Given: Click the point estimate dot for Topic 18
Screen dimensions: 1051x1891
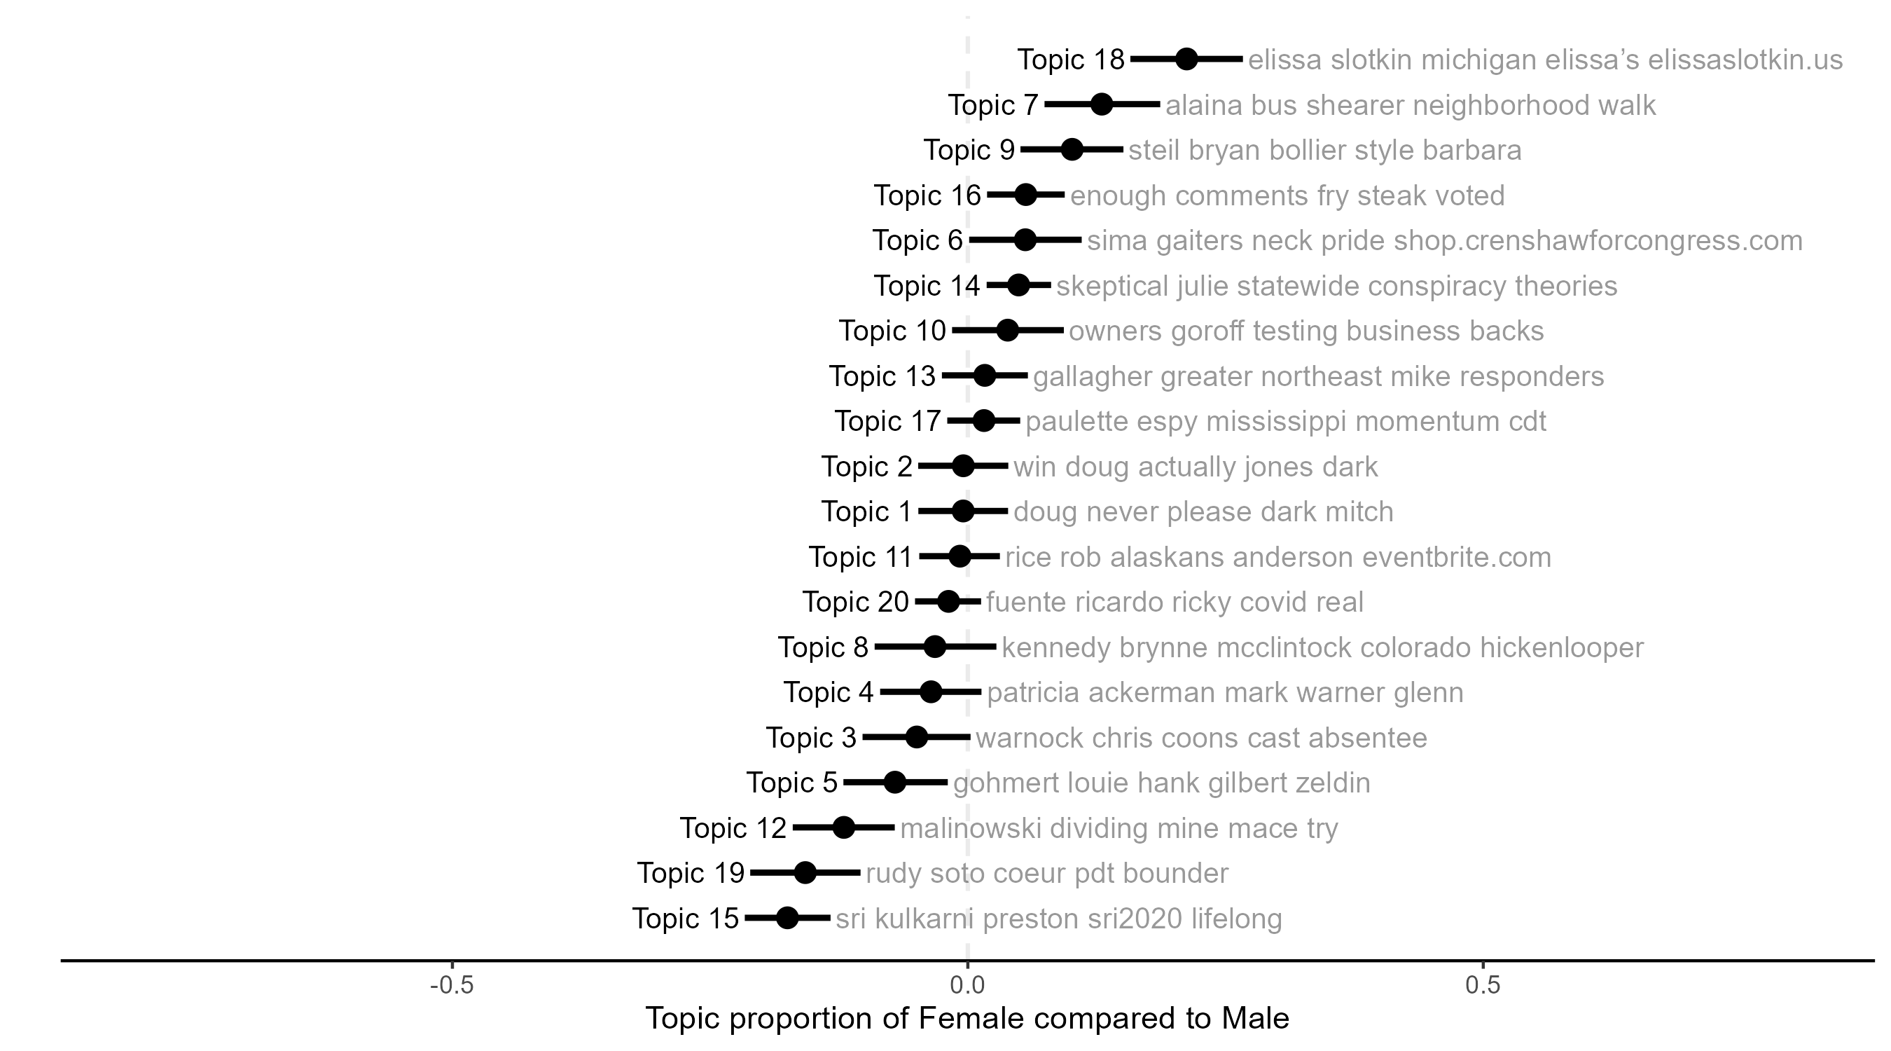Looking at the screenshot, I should click(x=1187, y=60).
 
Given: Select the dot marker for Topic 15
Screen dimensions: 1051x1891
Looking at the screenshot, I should click(x=787, y=918).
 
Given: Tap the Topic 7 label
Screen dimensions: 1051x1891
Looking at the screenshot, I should click(x=992, y=105).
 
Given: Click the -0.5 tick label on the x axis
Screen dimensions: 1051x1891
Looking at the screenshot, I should click(x=452, y=986).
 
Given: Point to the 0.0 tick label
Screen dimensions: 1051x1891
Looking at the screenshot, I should click(x=967, y=986).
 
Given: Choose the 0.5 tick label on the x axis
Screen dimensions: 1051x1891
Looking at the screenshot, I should click(x=1483, y=986).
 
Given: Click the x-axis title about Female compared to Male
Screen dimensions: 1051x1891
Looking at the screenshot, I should click(x=967, y=1019).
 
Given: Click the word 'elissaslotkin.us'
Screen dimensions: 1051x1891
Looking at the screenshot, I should click(x=1745, y=60).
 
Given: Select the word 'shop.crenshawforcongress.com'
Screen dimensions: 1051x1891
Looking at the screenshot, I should click(x=1598, y=241).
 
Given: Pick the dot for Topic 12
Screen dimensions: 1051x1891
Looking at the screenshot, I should click(x=843, y=827).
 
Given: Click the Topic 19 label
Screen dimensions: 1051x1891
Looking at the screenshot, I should click(x=690, y=873).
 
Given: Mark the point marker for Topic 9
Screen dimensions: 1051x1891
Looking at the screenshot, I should click(x=1072, y=150).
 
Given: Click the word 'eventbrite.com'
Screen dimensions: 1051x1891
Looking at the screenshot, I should click(x=1457, y=558).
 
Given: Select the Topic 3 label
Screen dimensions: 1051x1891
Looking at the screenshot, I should click(x=810, y=738).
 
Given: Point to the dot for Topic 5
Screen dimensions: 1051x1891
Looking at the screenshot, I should click(x=894, y=782).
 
